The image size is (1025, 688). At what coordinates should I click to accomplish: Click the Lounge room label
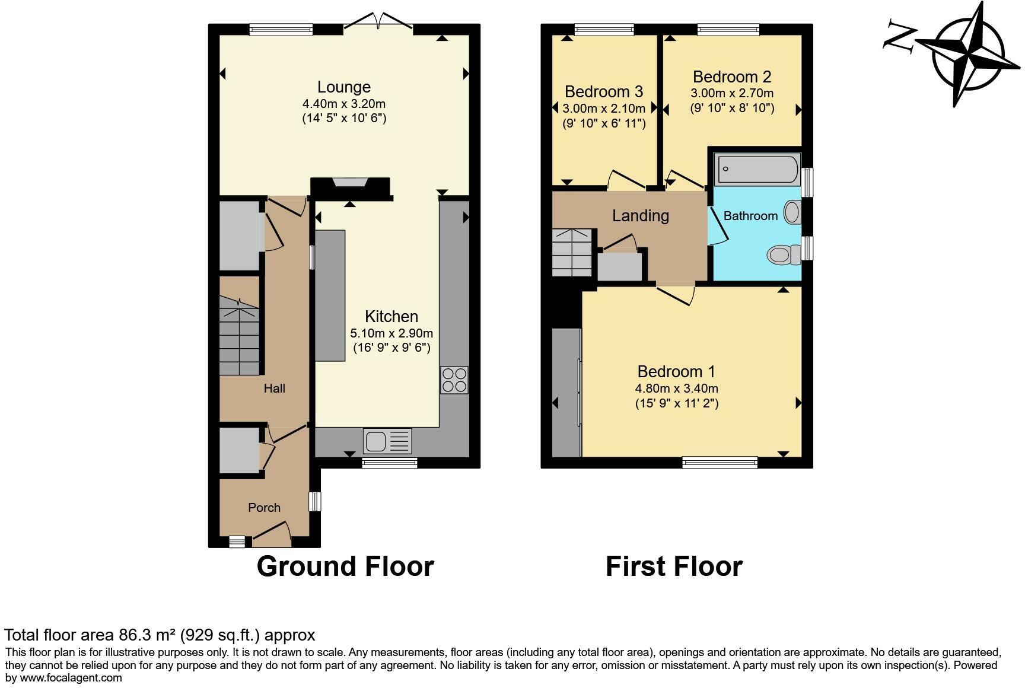(344, 87)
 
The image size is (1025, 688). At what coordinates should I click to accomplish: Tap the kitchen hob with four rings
(454, 380)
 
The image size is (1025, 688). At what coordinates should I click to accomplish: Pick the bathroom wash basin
(792, 212)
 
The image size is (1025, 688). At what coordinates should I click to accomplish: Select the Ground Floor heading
(345, 566)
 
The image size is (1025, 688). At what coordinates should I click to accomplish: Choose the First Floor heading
(674, 566)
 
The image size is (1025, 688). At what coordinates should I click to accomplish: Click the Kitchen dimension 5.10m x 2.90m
(391, 333)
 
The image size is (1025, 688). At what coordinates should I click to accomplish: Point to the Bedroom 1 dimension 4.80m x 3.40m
(677, 388)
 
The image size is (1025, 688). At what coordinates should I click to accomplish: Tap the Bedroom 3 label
(604, 91)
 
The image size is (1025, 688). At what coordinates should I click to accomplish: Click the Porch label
(264, 508)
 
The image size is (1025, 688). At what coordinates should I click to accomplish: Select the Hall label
(275, 388)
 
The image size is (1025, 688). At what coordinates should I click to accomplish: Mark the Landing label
(641, 216)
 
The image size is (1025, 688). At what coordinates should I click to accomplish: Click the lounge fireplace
(351, 188)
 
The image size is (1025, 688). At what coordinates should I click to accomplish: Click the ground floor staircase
(240, 336)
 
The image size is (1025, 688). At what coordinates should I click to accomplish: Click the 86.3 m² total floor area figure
(146, 635)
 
